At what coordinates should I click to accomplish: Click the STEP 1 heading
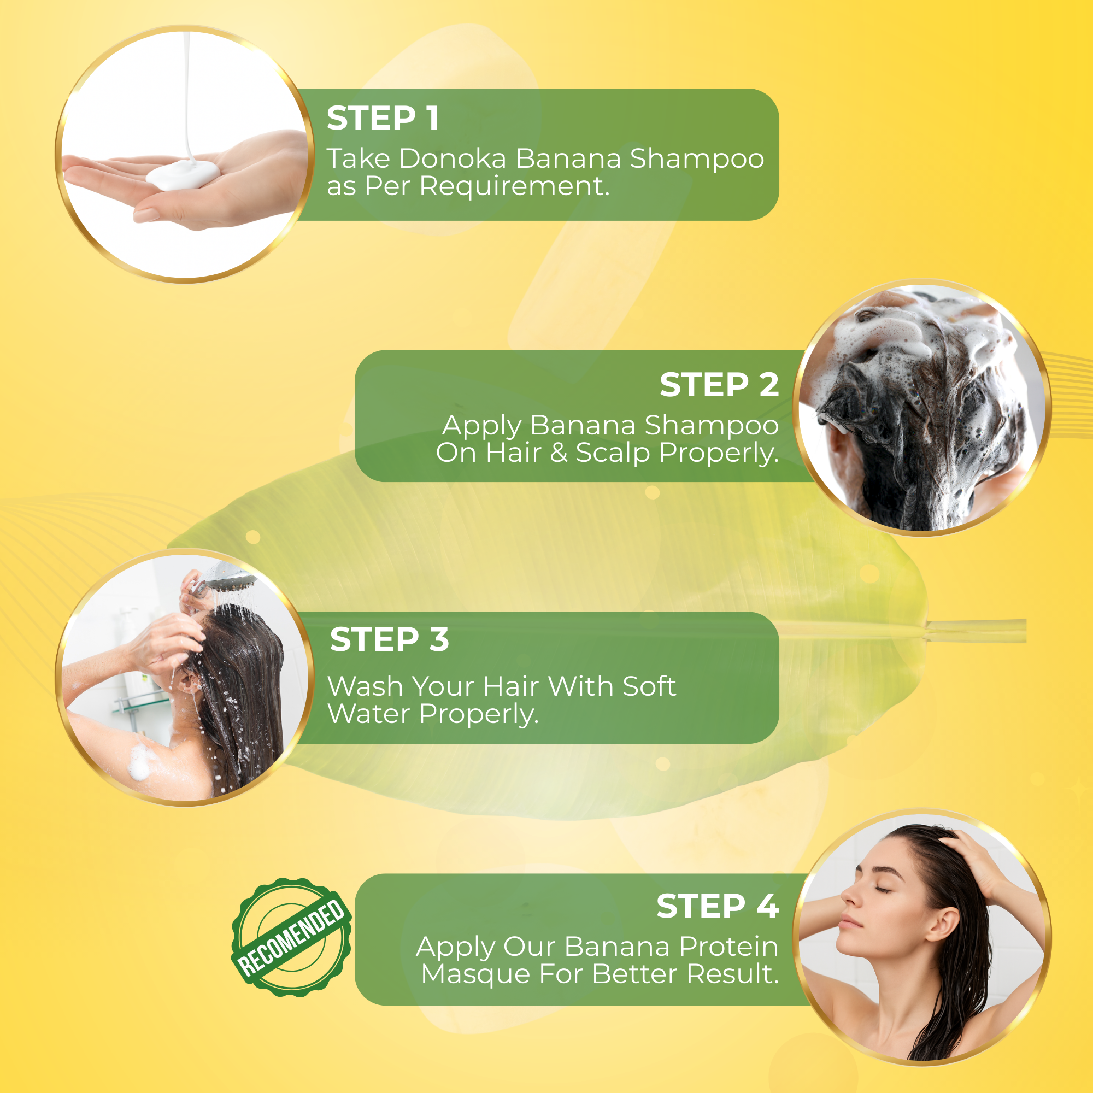(x=383, y=118)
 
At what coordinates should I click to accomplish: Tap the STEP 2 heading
(x=719, y=385)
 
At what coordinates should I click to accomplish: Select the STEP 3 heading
(x=389, y=639)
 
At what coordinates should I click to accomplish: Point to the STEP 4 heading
(x=718, y=906)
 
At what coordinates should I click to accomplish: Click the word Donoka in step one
(x=453, y=158)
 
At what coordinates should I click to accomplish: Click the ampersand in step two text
(x=559, y=453)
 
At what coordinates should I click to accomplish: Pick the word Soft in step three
(x=649, y=686)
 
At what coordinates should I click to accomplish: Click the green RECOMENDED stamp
(x=291, y=937)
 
